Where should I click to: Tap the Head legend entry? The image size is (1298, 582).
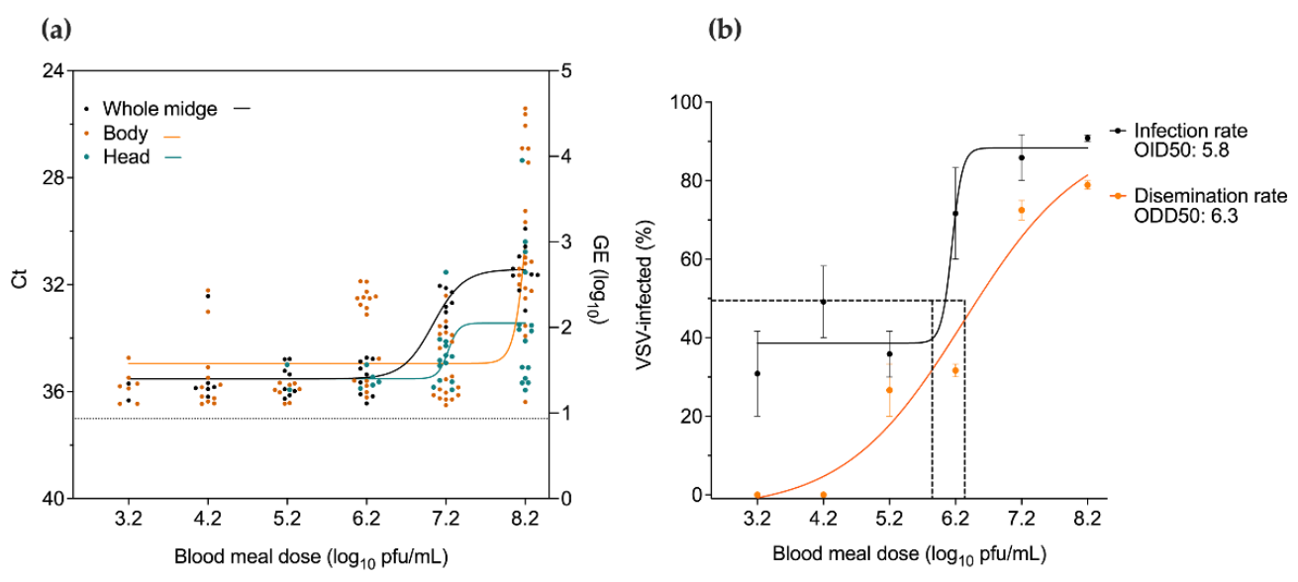[x=126, y=155]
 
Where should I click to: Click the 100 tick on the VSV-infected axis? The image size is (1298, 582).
[x=686, y=103]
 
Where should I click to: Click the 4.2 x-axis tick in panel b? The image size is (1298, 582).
[x=823, y=516]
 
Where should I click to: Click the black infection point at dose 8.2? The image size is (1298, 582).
[x=1087, y=139]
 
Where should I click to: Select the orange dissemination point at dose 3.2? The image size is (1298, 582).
[x=757, y=495]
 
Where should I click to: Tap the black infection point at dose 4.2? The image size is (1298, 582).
[x=823, y=302]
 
